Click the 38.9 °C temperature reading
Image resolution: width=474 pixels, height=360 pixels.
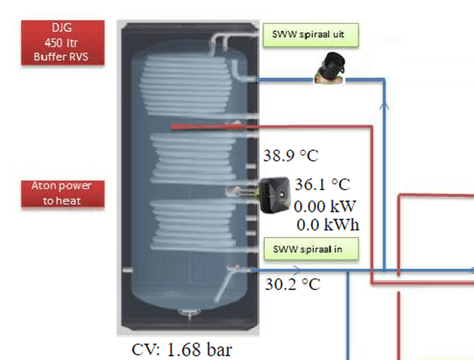coord(291,156)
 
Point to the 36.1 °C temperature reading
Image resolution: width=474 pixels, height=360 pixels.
coord(322,184)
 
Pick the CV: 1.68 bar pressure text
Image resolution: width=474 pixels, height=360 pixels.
coord(182,350)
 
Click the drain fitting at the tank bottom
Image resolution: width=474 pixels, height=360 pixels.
coord(187,313)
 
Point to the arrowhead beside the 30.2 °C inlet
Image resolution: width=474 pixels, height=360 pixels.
coord(254,270)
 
